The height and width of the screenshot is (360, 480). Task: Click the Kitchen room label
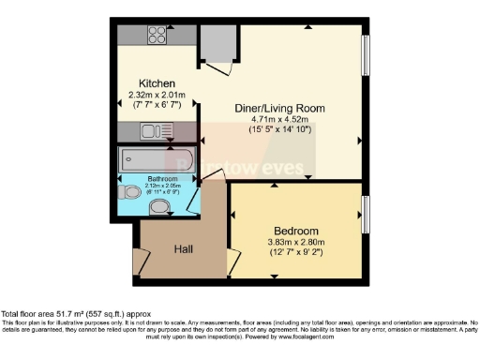[157, 83]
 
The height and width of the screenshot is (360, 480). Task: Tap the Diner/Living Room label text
[279, 109]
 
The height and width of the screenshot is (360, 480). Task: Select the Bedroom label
[295, 231]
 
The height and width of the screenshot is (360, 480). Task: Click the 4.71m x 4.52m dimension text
[279, 120]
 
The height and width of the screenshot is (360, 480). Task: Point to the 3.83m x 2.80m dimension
[295, 242]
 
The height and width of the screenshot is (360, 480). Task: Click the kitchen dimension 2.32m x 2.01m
[157, 95]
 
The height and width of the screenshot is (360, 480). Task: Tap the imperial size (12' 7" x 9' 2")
[295, 253]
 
